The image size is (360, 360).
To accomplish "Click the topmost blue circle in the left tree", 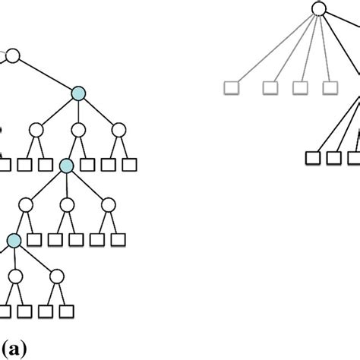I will click(x=80, y=93).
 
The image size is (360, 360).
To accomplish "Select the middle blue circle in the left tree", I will click(x=67, y=166).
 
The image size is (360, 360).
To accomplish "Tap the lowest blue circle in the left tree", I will click(x=14, y=240).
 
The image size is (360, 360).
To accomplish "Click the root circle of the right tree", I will click(x=319, y=9).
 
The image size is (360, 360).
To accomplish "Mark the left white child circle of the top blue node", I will click(x=36, y=130).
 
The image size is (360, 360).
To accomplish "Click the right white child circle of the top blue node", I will click(x=118, y=130).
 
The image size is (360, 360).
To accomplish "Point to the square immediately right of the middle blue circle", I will click(x=87, y=164).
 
